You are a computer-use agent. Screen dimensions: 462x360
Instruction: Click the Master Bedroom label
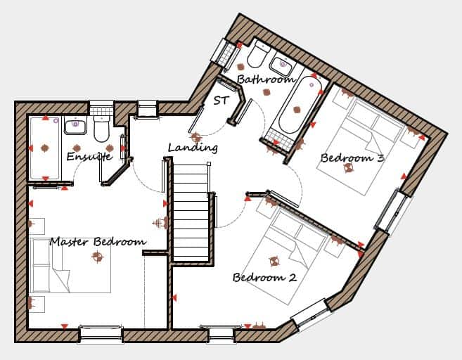(x=98, y=242)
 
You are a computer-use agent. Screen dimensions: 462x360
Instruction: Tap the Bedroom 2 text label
(x=264, y=277)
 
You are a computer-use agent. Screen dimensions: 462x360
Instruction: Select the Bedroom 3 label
(x=352, y=158)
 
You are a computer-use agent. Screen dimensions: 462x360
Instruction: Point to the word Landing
(x=193, y=147)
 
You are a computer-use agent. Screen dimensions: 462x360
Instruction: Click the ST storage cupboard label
(x=221, y=101)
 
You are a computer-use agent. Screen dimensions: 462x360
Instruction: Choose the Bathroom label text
(x=266, y=79)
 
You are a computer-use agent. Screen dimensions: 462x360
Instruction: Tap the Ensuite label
(x=89, y=156)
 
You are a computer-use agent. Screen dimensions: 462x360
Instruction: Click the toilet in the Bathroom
(x=258, y=54)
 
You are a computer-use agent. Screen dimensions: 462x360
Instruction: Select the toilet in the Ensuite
(x=102, y=129)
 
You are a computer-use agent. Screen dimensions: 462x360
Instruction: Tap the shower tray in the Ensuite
(x=45, y=148)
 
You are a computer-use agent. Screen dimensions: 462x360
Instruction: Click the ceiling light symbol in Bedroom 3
(x=349, y=168)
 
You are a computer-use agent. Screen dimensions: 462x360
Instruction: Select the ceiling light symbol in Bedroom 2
(x=274, y=261)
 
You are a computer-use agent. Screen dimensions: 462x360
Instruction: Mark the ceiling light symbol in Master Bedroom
(x=98, y=257)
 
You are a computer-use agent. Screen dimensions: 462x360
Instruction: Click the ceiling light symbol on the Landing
(x=195, y=138)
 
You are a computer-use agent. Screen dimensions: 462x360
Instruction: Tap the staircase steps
(x=191, y=213)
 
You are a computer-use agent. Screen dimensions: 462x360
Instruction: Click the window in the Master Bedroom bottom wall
(x=101, y=334)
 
